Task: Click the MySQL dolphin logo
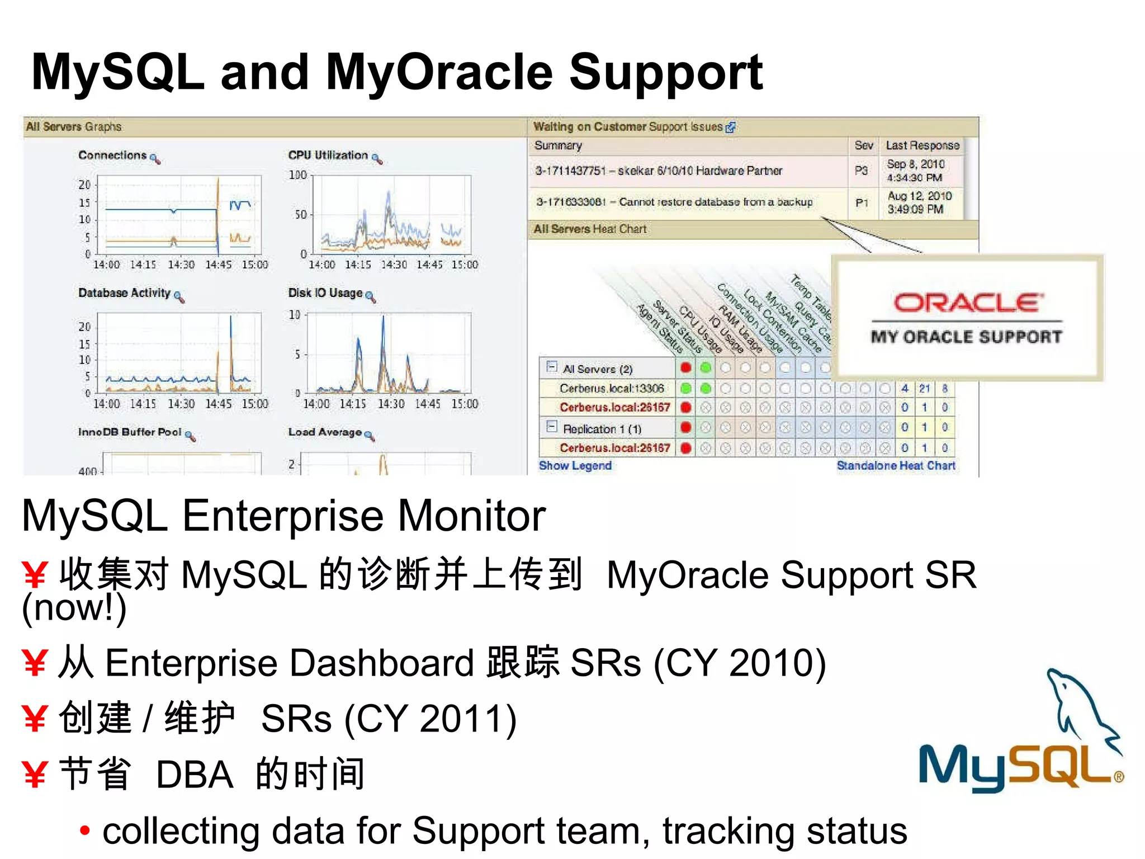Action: pos(1020,733)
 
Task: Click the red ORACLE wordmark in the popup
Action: pos(967,303)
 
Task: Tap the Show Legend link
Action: pos(575,466)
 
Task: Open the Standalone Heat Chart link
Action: pos(896,466)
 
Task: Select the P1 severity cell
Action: pos(862,202)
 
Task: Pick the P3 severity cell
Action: pos(862,171)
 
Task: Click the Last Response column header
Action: pos(922,145)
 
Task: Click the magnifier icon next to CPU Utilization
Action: pos(377,159)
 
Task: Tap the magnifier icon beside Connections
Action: pos(155,159)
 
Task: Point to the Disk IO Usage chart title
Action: pos(325,293)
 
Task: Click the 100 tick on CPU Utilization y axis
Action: pos(298,175)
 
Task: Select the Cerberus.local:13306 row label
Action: pos(611,388)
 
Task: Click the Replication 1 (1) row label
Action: pos(602,429)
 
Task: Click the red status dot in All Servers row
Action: pos(686,367)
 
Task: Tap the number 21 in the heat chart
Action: pos(925,388)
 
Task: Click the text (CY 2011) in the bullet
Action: pos(430,719)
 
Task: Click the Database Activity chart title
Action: pos(124,293)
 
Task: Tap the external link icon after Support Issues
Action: pos(730,128)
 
